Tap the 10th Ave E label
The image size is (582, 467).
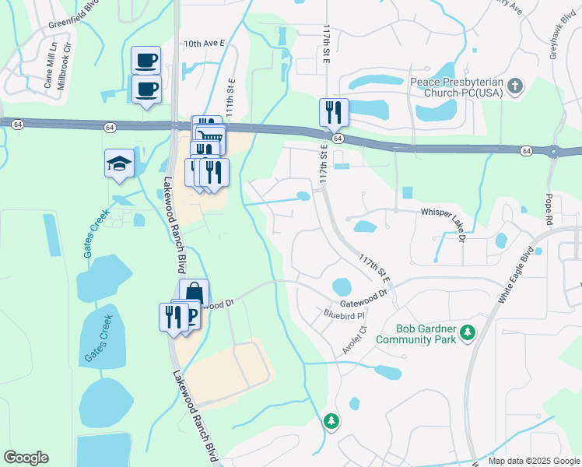click(x=203, y=44)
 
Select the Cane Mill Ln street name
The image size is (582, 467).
click(x=47, y=72)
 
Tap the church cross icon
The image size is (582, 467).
click(x=514, y=87)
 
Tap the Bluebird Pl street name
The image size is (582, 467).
click(x=344, y=315)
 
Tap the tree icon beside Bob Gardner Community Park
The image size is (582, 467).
click(x=467, y=333)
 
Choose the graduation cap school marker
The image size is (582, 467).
click(x=119, y=163)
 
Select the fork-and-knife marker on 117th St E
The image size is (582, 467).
click(x=334, y=112)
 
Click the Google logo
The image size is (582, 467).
click(x=26, y=457)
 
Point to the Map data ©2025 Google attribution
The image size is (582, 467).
click(x=533, y=461)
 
